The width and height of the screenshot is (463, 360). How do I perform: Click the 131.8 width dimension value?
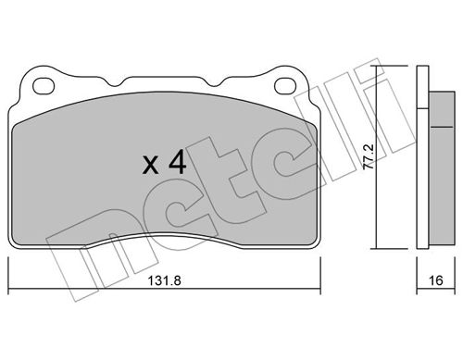click(164, 280)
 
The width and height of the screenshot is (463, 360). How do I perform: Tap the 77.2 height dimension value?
click(369, 156)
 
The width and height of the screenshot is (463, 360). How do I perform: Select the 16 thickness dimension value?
click(436, 280)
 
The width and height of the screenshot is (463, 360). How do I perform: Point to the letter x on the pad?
click(151, 165)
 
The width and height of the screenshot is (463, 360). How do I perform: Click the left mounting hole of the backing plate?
click(44, 86)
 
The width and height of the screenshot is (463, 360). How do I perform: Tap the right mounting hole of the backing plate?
click(285, 86)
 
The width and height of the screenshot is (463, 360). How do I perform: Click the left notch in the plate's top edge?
click(116, 81)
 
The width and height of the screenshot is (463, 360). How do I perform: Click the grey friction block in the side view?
click(442, 168)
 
